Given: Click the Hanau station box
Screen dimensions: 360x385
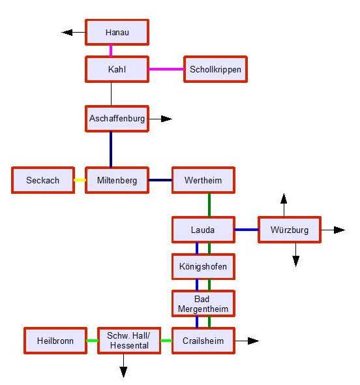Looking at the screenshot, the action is click(x=117, y=32).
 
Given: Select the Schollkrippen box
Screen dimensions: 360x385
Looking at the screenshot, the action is click(x=215, y=69).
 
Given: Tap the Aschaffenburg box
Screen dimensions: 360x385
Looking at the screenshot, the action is click(x=117, y=119).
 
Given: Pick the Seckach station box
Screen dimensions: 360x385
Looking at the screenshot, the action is click(x=43, y=180).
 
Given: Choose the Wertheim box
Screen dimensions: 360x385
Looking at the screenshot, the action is click(x=203, y=180).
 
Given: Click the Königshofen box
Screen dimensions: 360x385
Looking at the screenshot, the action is click(x=203, y=267).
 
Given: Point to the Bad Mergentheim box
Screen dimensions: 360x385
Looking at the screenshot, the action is click(x=203, y=303).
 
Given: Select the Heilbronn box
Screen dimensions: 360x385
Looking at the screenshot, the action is click(x=55, y=341).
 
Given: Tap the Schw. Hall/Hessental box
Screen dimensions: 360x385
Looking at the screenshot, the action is click(x=129, y=341).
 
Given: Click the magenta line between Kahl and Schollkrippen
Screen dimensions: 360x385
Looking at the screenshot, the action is click(x=166, y=69).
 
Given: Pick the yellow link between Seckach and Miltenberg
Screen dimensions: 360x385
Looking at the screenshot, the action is click(x=80, y=180).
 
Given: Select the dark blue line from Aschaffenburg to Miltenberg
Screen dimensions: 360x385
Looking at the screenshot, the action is click(x=111, y=149).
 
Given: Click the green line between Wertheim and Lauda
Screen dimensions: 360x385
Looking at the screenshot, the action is click(x=209, y=205).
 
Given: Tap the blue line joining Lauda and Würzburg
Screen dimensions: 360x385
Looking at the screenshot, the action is click(x=247, y=230).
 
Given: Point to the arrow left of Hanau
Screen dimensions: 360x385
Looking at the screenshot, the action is click(x=74, y=32).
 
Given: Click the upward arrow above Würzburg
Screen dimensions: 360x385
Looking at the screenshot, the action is click(x=284, y=206).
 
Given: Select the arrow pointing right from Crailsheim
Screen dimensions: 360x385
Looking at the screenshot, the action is click(x=247, y=341).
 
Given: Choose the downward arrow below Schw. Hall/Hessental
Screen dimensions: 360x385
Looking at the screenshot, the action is click(x=123, y=365).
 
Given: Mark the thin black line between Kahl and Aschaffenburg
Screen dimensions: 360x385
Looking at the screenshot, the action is click(x=111, y=94).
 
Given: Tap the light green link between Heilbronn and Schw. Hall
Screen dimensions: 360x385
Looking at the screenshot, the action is click(x=92, y=341).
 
